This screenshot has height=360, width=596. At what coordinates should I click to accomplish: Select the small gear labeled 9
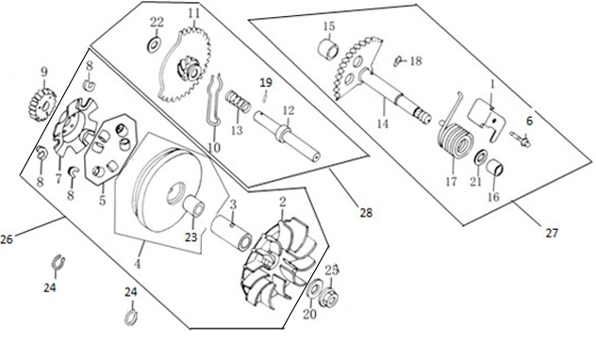(42, 104)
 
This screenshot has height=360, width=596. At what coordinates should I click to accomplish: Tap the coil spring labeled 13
(238, 102)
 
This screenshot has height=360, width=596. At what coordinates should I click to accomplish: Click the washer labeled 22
(154, 45)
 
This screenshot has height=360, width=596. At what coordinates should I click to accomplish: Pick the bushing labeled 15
(329, 50)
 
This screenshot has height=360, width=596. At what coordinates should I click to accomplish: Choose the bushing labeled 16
(495, 167)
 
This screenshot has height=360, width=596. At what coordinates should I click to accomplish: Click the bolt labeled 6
(521, 139)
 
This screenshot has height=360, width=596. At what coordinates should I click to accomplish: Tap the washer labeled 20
(314, 289)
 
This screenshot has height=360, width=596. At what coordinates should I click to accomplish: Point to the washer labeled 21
(481, 156)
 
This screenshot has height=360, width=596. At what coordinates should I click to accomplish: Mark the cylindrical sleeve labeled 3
(232, 232)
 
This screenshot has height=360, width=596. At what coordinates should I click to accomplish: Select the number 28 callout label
(366, 213)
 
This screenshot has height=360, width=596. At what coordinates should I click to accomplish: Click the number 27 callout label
(552, 233)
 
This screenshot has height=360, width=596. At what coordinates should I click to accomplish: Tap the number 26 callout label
(7, 239)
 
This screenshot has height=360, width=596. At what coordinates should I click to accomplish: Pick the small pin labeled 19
(264, 98)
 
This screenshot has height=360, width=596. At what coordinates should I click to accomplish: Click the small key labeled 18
(398, 60)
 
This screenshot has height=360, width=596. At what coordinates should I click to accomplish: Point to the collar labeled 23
(194, 207)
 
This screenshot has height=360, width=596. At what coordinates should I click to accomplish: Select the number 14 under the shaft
(383, 123)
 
